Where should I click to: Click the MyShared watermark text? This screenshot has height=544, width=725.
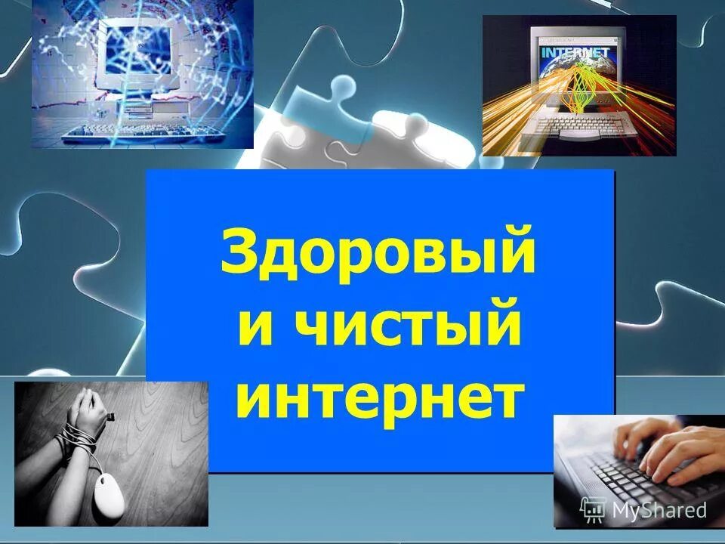[x=659, y=510]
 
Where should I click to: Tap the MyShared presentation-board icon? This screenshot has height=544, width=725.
[x=593, y=510]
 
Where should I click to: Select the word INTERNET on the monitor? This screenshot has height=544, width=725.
[x=575, y=54]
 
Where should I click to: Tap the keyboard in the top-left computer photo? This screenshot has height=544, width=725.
[x=143, y=133]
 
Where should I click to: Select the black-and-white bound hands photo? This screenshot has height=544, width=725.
[x=111, y=453]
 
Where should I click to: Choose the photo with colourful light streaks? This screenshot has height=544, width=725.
[x=578, y=85]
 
